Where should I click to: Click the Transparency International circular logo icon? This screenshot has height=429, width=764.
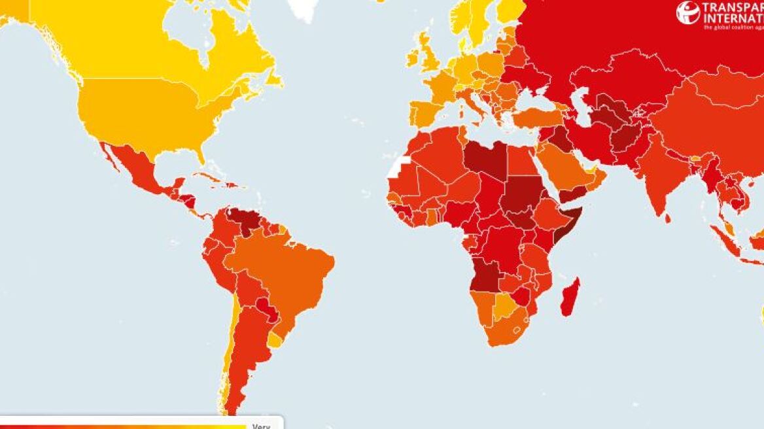pyautogui.click(x=687, y=12)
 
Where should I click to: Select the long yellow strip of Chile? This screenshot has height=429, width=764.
pyautogui.click(x=230, y=353)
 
